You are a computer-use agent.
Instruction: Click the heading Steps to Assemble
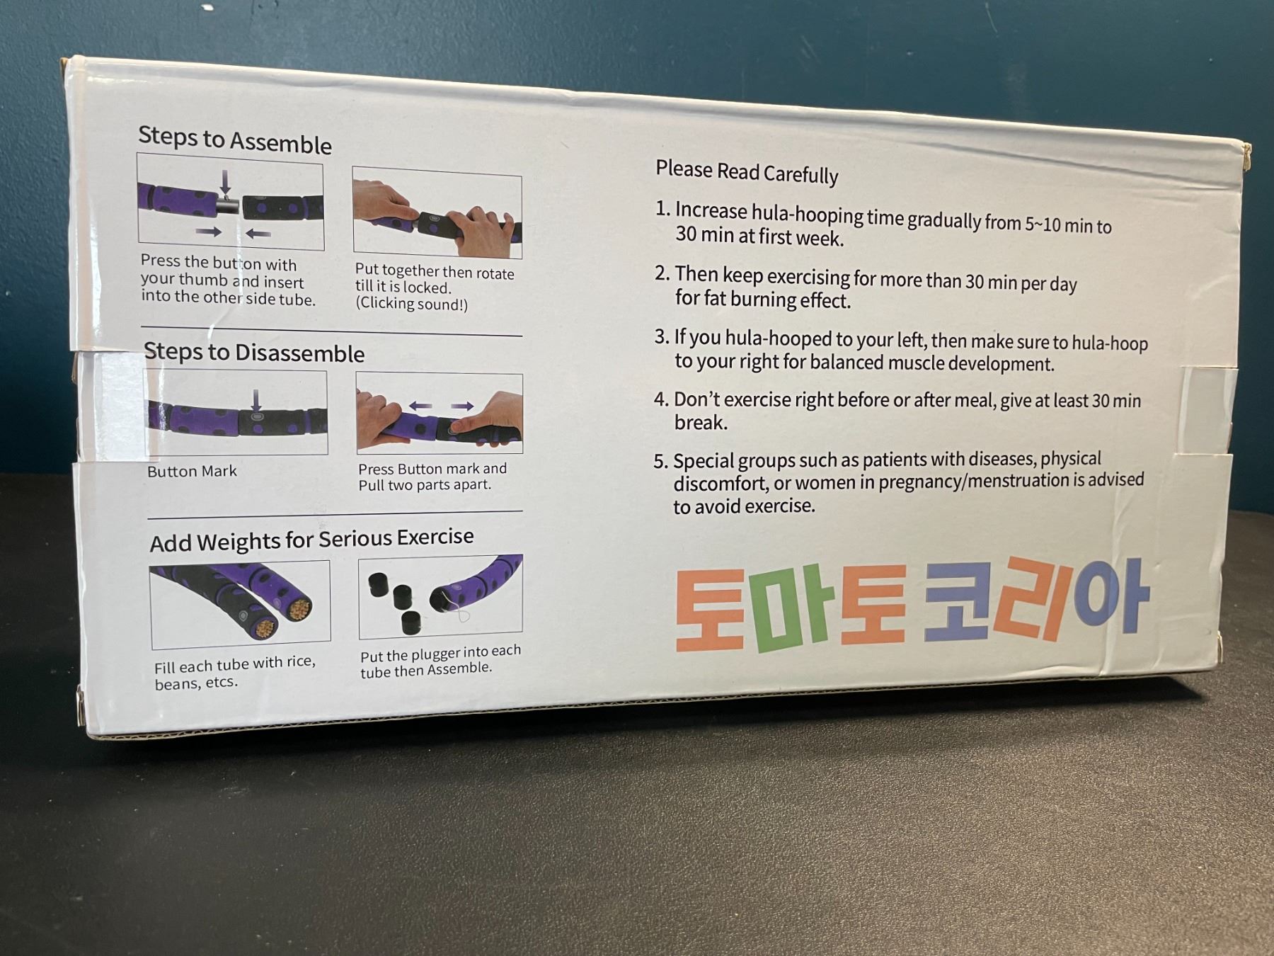click(x=235, y=139)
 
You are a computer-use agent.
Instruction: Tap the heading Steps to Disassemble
click(x=254, y=352)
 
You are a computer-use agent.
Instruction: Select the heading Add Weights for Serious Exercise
click(x=311, y=540)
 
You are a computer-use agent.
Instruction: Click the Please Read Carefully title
click(x=747, y=171)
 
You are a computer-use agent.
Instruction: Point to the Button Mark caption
click(x=192, y=471)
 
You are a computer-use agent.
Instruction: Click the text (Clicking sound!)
click(x=411, y=303)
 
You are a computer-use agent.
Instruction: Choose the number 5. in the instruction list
click(x=660, y=462)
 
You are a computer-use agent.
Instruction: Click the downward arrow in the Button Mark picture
click(x=256, y=401)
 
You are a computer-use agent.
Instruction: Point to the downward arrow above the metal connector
click(x=225, y=182)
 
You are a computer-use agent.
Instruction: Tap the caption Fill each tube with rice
click(x=234, y=664)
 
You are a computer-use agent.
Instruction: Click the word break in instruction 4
click(x=701, y=423)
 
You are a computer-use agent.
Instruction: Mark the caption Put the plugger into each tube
click(x=440, y=660)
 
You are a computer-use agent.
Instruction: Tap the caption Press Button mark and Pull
click(x=432, y=477)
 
